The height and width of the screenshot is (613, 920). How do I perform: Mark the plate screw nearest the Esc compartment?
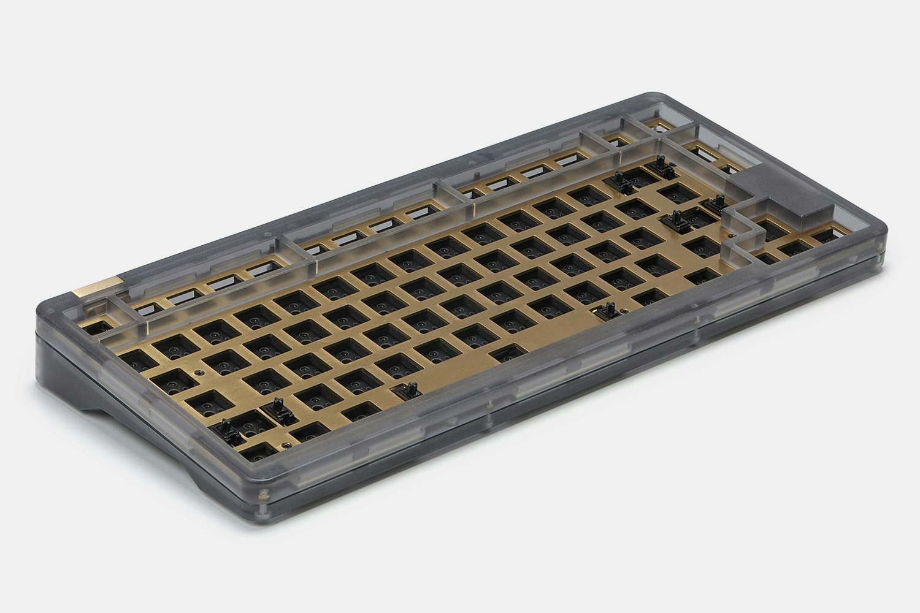[197, 371]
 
